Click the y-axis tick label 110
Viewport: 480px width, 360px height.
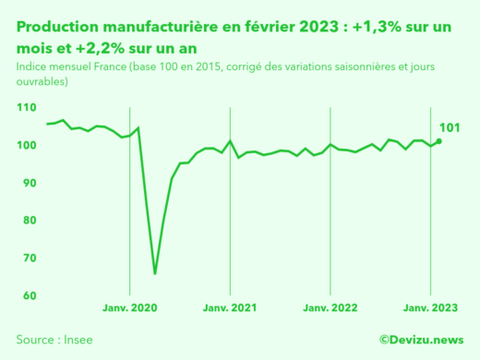(27, 108)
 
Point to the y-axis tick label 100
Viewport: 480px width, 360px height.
(27, 146)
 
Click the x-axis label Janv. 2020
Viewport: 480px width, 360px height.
(129, 306)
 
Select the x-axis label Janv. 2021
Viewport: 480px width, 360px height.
(230, 306)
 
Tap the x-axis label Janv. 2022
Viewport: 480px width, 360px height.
(330, 306)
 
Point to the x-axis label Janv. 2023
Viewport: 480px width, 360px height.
(430, 306)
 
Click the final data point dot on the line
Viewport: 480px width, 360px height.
(438, 141)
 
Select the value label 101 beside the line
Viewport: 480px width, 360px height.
(449, 126)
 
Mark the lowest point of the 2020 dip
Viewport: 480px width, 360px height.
(154, 273)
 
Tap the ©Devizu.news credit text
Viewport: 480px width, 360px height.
(421, 340)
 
